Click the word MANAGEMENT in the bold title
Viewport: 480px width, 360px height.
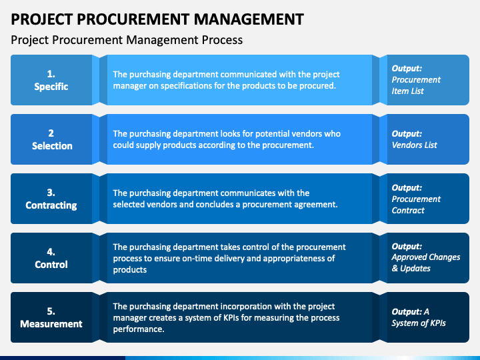click(249, 19)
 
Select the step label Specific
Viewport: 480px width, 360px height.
click(51, 87)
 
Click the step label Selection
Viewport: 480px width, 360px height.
click(52, 146)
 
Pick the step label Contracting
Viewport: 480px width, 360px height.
click(51, 205)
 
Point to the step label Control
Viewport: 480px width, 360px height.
click(51, 265)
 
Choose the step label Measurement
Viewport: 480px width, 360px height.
click(51, 324)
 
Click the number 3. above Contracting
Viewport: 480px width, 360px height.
click(51, 193)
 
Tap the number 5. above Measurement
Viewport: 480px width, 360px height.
click(51, 311)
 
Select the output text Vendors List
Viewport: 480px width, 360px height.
click(415, 145)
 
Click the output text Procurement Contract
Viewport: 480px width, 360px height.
click(416, 205)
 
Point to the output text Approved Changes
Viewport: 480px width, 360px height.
click(426, 257)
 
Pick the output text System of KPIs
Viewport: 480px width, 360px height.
click(419, 323)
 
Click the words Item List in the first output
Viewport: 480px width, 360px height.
click(407, 91)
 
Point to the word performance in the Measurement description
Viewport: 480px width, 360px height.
click(139, 329)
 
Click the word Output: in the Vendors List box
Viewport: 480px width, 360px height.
click(407, 134)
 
